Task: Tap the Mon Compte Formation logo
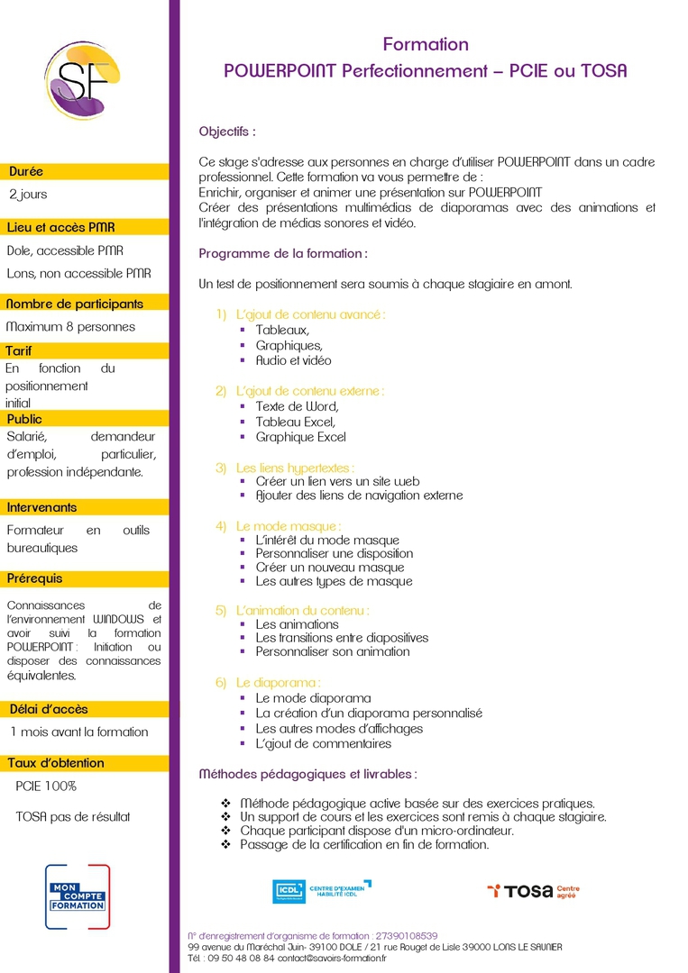click(x=77, y=896)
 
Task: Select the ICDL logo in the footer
click(x=321, y=891)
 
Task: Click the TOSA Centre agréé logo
click(x=533, y=891)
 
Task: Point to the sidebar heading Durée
click(x=26, y=171)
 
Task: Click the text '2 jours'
click(x=28, y=194)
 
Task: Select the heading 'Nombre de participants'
click(x=75, y=304)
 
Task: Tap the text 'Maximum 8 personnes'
click(x=70, y=326)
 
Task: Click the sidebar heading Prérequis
click(x=35, y=577)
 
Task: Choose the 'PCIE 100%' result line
click(x=46, y=786)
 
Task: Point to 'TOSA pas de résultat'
click(x=73, y=816)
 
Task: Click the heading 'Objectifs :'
click(x=227, y=132)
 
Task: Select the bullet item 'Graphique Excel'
click(x=300, y=437)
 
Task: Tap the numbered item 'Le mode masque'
click(x=288, y=525)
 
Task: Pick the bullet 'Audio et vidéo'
click(x=293, y=360)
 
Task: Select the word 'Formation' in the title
click(x=426, y=44)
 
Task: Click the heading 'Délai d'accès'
click(x=49, y=708)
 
